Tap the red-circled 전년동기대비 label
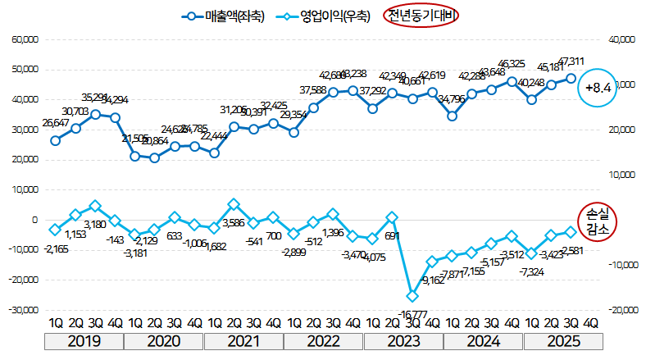(422, 16)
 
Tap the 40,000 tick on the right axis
(620, 39)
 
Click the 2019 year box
(85, 341)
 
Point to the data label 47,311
(571, 62)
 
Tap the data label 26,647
(54, 123)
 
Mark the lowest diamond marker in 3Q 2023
(412, 296)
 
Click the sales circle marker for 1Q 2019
(55, 140)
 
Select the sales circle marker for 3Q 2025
(571, 78)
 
